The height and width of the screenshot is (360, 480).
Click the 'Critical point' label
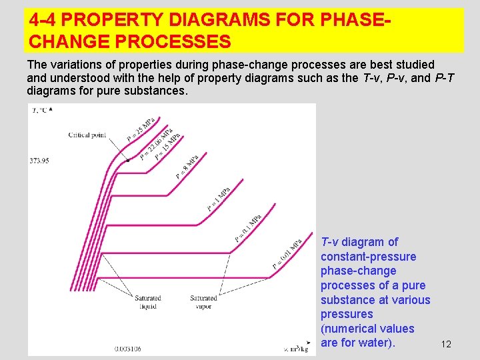87,135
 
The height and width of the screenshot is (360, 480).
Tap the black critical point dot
128,161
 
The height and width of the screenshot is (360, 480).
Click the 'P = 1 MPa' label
219,199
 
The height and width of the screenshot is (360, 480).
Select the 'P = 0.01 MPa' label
287,254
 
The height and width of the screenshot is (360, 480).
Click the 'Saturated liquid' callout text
147,302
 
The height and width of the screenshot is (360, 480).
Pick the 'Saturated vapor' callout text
203,302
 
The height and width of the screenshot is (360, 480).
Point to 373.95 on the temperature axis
39,161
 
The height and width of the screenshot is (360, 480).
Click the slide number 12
446,344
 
